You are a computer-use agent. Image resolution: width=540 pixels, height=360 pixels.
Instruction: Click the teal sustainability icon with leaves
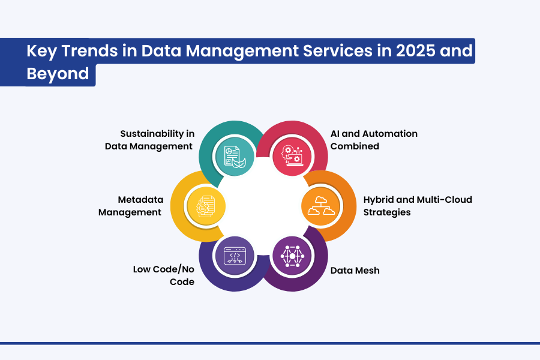click(235, 157)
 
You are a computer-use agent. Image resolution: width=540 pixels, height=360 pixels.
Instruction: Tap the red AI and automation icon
click(292, 156)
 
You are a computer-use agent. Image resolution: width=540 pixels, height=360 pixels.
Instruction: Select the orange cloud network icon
click(321, 206)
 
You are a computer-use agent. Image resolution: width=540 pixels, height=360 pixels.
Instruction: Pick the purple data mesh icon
click(292, 256)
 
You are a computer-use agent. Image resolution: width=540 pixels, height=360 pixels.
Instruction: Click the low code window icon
click(235, 256)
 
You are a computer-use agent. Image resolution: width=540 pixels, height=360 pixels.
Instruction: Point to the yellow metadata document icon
click(206, 206)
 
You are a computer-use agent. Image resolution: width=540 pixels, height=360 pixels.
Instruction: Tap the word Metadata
click(140, 200)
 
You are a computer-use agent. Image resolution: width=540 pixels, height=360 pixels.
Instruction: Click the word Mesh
click(367, 271)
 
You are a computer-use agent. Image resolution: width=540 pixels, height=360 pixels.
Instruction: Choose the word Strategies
click(387, 212)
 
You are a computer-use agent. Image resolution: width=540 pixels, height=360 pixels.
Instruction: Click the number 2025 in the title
click(416, 50)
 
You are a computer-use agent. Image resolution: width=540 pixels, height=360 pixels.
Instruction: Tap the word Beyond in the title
click(58, 74)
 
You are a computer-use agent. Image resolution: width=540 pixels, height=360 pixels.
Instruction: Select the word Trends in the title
click(90, 50)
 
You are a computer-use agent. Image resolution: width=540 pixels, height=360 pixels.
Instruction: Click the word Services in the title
click(337, 50)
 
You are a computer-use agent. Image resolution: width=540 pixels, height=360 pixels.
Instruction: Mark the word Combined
click(355, 146)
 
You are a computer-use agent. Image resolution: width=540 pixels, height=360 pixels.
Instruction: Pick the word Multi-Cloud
click(444, 200)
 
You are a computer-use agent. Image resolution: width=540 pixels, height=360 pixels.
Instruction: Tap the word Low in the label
click(142, 269)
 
